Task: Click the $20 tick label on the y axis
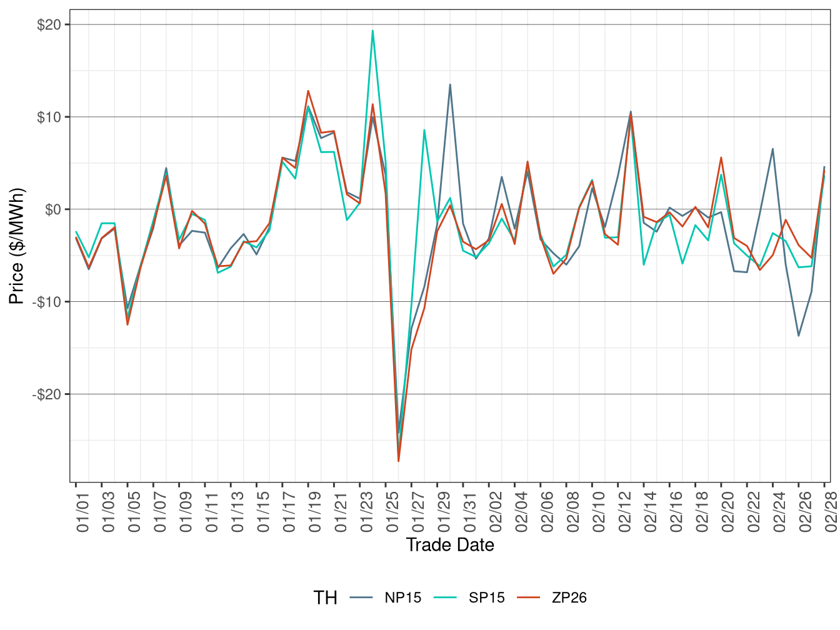(52, 25)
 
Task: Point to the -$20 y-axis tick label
(50, 394)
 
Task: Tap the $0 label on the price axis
(56, 209)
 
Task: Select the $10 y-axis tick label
(52, 117)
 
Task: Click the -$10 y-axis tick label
(50, 302)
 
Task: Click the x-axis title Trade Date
(450, 545)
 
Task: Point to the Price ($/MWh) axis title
(17, 246)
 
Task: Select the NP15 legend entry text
(402, 598)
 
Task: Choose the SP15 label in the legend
(486, 598)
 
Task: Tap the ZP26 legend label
(569, 598)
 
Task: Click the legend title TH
(325, 598)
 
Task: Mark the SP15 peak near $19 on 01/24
(372, 31)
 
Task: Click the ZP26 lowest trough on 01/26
(399, 461)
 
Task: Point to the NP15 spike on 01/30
(450, 84)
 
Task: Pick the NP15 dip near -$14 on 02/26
(799, 336)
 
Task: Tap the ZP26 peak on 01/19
(308, 91)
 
